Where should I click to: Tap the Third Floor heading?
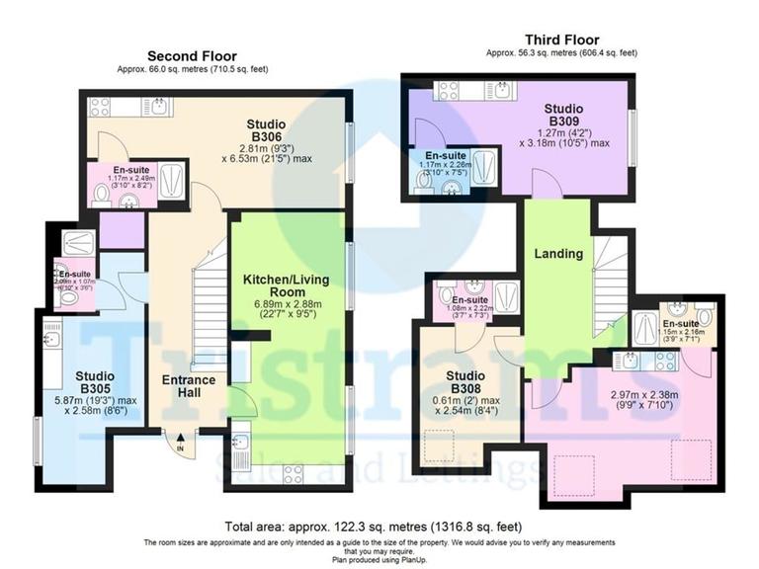tap(560, 41)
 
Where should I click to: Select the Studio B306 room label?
tap(266, 130)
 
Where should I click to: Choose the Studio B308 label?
tap(464, 382)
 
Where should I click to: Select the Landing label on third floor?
tap(558, 254)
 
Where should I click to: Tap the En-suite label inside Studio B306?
tap(131, 170)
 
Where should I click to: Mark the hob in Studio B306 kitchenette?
tap(101, 107)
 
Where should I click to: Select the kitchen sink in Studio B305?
tap(51, 339)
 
